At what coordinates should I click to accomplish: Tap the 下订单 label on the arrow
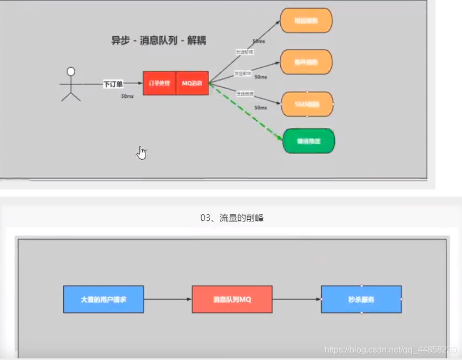tap(114, 84)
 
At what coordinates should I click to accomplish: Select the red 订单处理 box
tap(160, 83)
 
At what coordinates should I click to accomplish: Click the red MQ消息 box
tap(192, 83)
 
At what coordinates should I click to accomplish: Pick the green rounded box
tap(308, 141)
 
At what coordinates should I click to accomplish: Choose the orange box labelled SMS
tap(307, 104)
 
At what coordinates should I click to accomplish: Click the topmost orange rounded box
tap(306, 21)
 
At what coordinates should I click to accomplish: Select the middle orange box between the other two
tap(306, 62)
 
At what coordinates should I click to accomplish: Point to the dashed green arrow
tap(246, 112)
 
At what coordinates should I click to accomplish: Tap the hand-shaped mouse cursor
tap(142, 153)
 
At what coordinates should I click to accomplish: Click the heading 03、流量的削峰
tap(232, 218)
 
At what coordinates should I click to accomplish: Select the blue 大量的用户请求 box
tap(103, 299)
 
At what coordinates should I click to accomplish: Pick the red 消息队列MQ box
tap(232, 299)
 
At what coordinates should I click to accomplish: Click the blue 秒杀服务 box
tap(361, 299)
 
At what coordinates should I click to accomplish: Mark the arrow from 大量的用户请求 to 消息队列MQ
tap(168, 299)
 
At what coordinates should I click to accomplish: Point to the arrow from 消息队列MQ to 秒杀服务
tap(296, 299)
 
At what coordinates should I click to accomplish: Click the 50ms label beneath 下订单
tap(127, 96)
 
